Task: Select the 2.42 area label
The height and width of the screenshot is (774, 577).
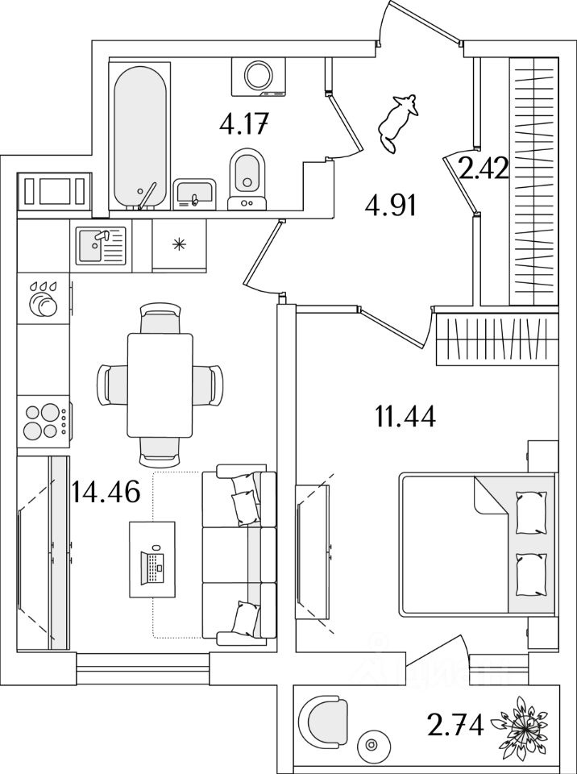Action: tap(483, 170)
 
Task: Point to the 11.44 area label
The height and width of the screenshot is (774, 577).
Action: tap(405, 417)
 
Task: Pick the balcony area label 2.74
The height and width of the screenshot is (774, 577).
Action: tap(457, 726)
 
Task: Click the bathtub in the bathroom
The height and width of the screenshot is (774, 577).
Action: tap(140, 137)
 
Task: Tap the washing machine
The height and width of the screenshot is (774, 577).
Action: tap(259, 76)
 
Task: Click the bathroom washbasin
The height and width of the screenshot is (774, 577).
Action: tap(194, 193)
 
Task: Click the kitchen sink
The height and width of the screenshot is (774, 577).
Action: tap(101, 245)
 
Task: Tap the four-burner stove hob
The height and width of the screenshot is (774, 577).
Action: tap(44, 421)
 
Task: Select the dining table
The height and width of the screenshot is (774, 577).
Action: tap(160, 384)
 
